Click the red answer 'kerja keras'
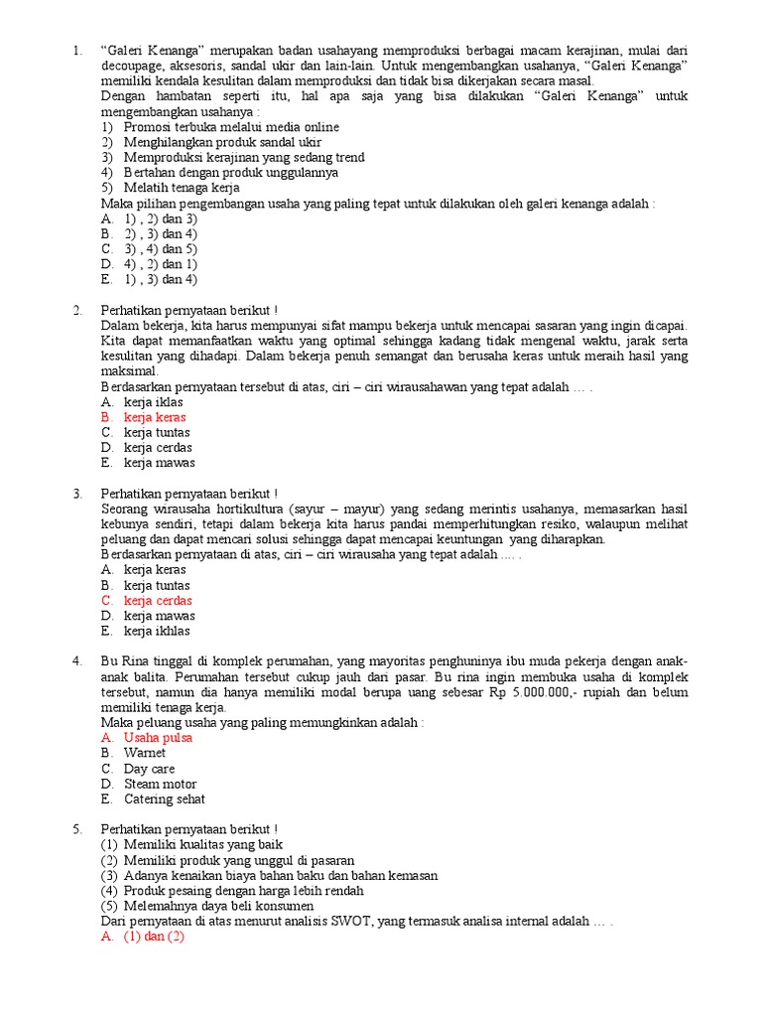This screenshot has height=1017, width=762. click(155, 417)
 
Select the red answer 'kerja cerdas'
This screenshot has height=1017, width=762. click(158, 601)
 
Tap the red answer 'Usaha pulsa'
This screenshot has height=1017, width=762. click(158, 738)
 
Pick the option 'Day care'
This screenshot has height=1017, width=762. click(149, 769)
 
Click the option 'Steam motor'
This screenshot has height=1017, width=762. click(160, 784)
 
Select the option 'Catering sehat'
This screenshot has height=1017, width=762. click(164, 799)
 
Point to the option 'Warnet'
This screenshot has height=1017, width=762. click(145, 753)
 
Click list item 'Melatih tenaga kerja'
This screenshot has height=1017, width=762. click(182, 188)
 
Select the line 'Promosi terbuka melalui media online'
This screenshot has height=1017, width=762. click(231, 127)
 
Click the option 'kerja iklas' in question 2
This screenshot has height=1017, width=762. click(154, 402)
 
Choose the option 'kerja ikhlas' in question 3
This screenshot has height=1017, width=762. click(157, 631)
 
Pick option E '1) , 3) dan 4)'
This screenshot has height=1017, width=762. click(161, 279)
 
